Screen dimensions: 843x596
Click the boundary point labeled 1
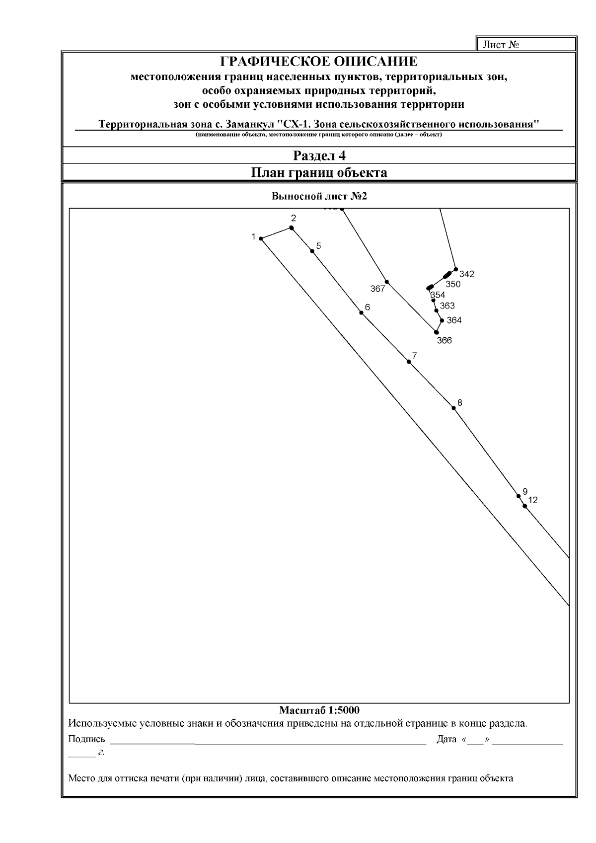[261, 239]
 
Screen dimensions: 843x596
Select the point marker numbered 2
[292, 228]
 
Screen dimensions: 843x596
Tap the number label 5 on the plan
[318, 246]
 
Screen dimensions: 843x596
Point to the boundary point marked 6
[361, 312]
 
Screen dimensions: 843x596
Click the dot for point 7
[409, 362]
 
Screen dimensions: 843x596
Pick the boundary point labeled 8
[453, 408]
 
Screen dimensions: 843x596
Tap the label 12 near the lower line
[532, 500]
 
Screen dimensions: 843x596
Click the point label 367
[377, 289]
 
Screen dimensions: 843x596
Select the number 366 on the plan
[444, 341]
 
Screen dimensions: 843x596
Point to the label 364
[454, 320]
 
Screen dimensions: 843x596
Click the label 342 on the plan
[466, 274]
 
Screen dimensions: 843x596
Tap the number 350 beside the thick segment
[452, 285]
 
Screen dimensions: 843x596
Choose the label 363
[447, 306]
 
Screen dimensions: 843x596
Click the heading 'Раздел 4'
[319, 156]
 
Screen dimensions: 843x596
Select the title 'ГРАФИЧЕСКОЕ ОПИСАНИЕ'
[319, 62]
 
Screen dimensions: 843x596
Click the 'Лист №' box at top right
[525, 45]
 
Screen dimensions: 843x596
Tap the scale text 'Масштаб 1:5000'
[319, 710]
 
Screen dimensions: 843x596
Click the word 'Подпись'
[86, 739]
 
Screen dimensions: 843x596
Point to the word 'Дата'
[446, 739]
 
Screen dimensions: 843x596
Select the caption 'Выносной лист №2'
[319, 196]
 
